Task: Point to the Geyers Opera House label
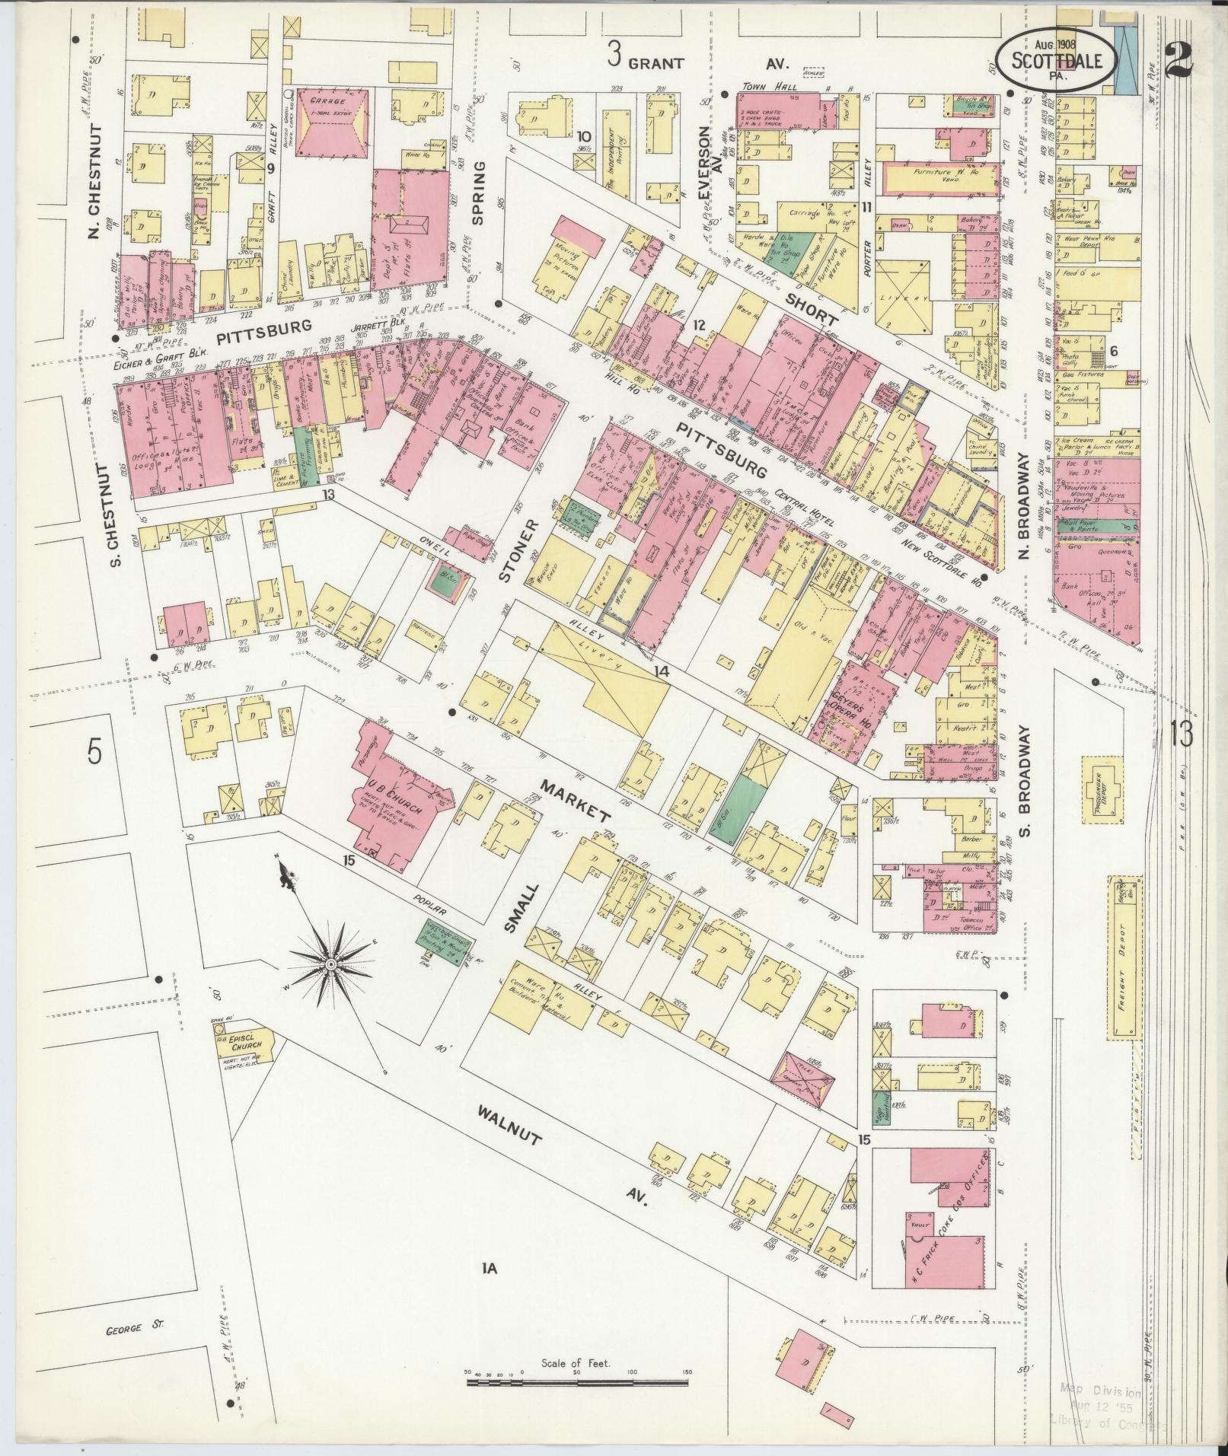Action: click(841, 698)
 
